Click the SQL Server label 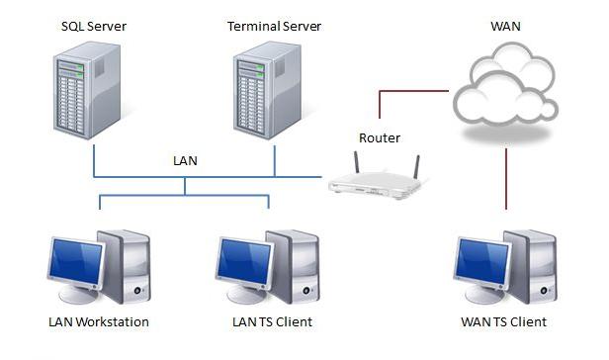pyautogui.click(x=94, y=27)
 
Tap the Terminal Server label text pyautogui.click(x=274, y=27)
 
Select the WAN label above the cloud pyautogui.click(x=506, y=27)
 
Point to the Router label pyautogui.click(x=380, y=137)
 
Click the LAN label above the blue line pyautogui.click(x=185, y=161)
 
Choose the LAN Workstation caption pyautogui.click(x=99, y=322)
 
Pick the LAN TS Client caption pyautogui.click(x=272, y=322)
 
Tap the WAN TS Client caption pyautogui.click(x=504, y=322)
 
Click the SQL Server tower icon pyautogui.click(x=87, y=90)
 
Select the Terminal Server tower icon pyautogui.click(x=267, y=90)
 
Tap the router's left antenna pyautogui.click(x=356, y=162)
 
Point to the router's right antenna pyautogui.click(x=417, y=167)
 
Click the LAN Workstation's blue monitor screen pyautogui.click(x=76, y=261)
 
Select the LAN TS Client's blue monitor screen pyautogui.click(x=245, y=261)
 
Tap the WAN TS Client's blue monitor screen pyautogui.click(x=482, y=261)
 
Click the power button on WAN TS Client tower pyautogui.click(x=544, y=291)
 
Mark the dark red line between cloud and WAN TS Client pyautogui.click(x=506, y=179)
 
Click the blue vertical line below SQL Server pyautogui.click(x=94, y=161)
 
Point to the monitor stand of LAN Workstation pyautogui.click(x=77, y=295)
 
